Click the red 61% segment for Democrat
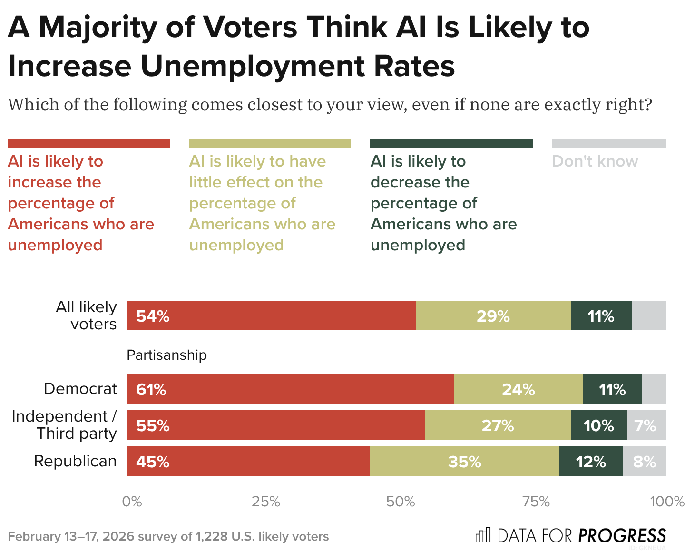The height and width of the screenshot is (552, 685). click(290, 389)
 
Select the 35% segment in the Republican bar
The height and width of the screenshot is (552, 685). click(464, 461)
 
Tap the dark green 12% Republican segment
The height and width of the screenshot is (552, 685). click(591, 461)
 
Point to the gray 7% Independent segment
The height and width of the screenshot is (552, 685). click(646, 425)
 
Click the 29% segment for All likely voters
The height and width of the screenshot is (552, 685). click(493, 315)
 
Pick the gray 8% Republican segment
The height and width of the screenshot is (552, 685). click(644, 461)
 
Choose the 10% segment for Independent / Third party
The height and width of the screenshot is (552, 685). click(598, 425)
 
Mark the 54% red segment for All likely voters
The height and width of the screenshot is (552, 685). click(271, 315)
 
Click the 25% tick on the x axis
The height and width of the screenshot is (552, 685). click(266, 502)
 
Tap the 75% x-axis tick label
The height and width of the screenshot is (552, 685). click(536, 502)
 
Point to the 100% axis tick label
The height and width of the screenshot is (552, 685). click(667, 502)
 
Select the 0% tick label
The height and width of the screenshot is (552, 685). click(132, 502)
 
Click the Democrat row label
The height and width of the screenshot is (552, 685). click(80, 389)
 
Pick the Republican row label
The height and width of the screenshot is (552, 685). click(75, 461)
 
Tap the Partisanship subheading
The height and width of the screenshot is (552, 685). click(166, 355)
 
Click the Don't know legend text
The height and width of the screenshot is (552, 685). click(595, 161)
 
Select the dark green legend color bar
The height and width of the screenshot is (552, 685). click(451, 144)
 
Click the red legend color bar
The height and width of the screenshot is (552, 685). click(89, 144)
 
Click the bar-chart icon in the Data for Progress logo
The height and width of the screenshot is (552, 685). click(483, 535)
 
